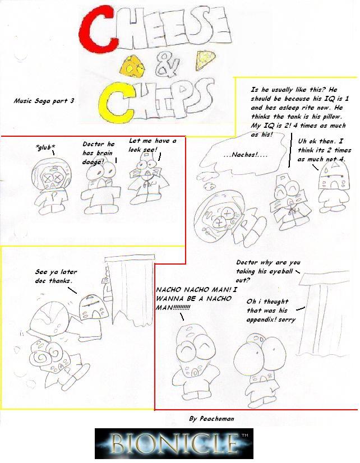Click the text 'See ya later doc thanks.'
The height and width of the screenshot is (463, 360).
pos(54,276)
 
